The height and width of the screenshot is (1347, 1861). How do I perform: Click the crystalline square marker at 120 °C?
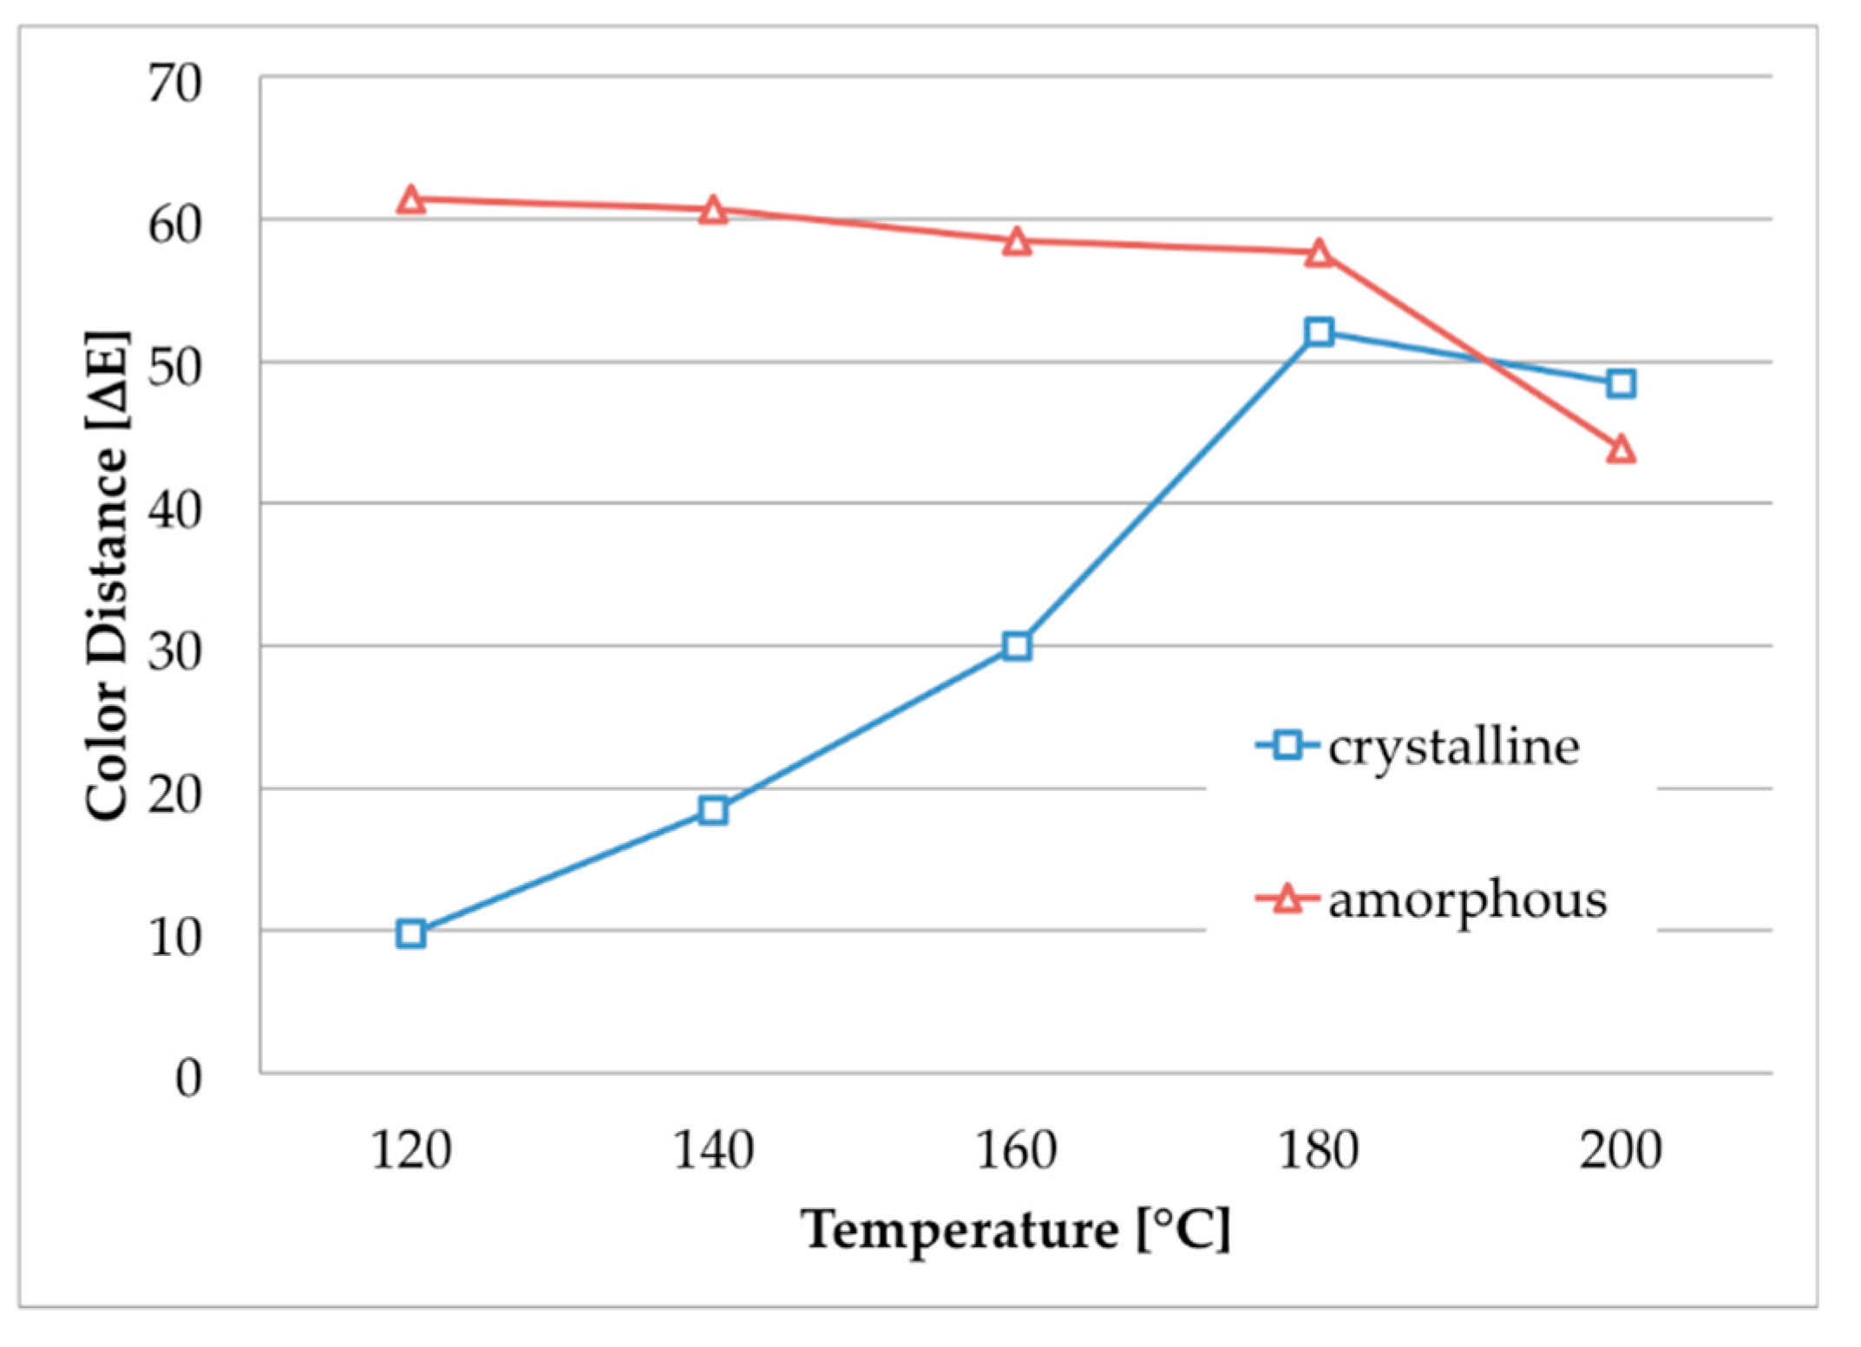coord(410,934)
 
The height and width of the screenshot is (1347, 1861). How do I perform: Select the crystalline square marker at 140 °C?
coord(713,811)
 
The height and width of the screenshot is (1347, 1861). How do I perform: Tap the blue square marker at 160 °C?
coord(1017,646)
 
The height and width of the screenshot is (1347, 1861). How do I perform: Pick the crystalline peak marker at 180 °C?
coord(1319,331)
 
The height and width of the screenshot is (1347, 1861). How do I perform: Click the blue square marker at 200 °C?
coord(1621,383)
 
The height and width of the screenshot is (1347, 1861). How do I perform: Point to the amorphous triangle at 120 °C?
coord(410,201)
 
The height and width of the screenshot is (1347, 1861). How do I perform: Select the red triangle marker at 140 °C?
coord(713,211)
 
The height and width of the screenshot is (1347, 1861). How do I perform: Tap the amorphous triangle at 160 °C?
coord(1017,243)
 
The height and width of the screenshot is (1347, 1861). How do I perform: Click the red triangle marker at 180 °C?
coord(1319,253)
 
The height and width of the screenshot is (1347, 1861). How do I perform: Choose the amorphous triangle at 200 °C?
coord(1621,450)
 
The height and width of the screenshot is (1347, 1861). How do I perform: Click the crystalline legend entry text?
coord(1453,747)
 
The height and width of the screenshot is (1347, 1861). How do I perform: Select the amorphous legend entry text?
coord(1467,900)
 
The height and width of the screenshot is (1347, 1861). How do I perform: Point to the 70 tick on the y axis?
coord(174,84)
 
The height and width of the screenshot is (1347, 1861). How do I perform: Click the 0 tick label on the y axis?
coord(188,1078)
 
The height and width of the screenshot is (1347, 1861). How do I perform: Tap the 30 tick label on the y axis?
coord(174,652)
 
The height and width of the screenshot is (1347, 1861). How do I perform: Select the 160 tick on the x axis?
coord(1016,1151)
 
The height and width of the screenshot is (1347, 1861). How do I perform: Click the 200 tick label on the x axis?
coord(1620,1151)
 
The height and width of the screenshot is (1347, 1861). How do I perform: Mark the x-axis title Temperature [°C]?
coord(1015,1230)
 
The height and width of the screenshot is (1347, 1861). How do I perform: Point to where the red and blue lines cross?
coord(1485,360)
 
